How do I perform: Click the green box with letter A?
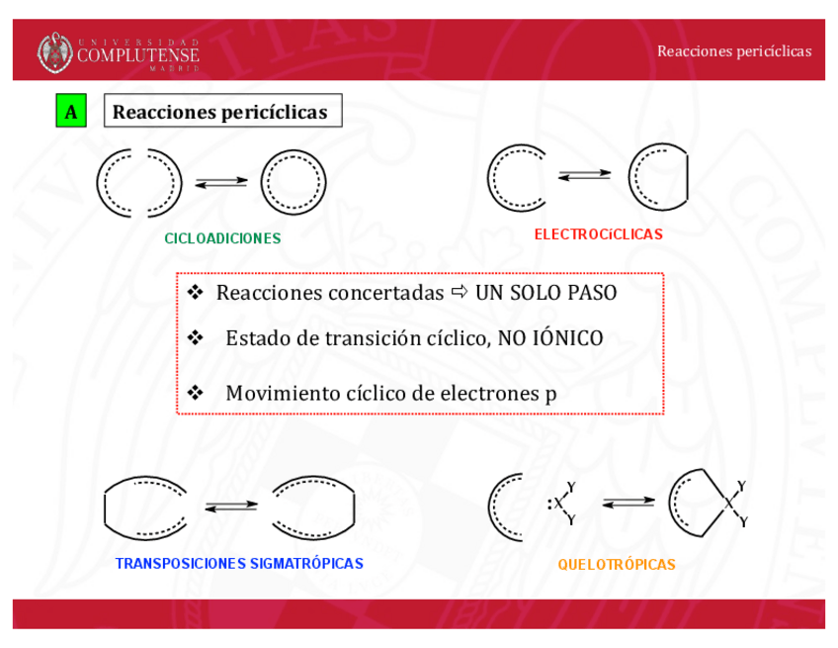pyautogui.click(x=71, y=112)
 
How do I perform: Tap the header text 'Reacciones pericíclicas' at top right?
pyautogui.click(x=733, y=50)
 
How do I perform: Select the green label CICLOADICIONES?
pyautogui.click(x=222, y=238)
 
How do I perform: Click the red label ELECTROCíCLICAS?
pyautogui.click(x=598, y=234)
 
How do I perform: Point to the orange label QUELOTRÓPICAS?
pyautogui.click(x=617, y=565)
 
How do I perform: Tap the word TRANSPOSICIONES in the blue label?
pyautogui.click(x=181, y=564)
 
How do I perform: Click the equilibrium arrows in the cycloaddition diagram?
pyautogui.click(x=221, y=182)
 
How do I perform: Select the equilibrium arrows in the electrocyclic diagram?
pyautogui.click(x=584, y=175)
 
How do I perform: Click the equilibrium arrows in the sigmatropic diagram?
pyautogui.click(x=231, y=507)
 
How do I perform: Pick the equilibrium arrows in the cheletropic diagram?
pyautogui.click(x=628, y=503)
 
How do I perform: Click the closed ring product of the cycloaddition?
pyautogui.click(x=293, y=183)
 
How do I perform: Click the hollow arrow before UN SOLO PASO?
pyautogui.click(x=460, y=293)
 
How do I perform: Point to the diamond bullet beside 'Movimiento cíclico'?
pyautogui.click(x=195, y=393)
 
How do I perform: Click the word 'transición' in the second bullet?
pyautogui.click(x=374, y=338)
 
